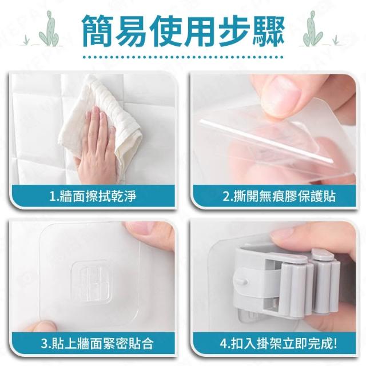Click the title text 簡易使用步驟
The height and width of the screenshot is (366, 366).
183,30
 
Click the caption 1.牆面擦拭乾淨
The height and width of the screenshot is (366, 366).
93,196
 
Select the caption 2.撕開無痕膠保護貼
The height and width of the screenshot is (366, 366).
279,196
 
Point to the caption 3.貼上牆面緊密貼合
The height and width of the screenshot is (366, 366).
97,343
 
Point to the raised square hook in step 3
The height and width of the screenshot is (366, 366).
91,282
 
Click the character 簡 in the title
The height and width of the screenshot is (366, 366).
98,30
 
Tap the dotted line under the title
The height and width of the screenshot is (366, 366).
183,57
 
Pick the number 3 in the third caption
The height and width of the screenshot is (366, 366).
44,344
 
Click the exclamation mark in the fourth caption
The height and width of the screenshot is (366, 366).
336,343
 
